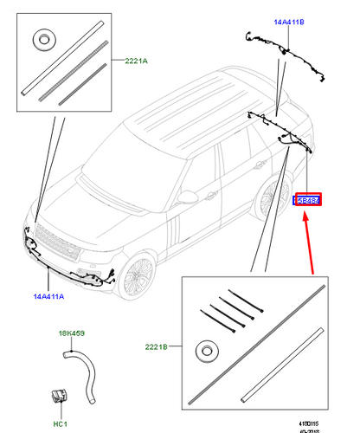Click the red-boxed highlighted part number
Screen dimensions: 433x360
(x=309, y=200)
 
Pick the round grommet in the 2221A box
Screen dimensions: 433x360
(x=41, y=41)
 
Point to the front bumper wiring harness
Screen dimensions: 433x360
(x=69, y=265)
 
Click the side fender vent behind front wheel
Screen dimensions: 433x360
(x=174, y=229)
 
